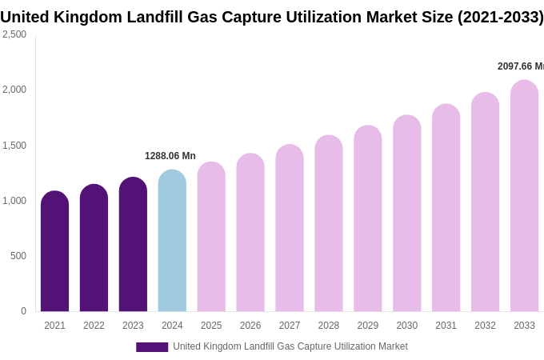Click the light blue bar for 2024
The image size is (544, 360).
[x=172, y=241]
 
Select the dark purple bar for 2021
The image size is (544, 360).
[x=54, y=251]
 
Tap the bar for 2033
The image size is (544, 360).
[x=524, y=196]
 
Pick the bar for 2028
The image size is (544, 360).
[x=328, y=223]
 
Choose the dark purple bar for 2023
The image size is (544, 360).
[x=133, y=244]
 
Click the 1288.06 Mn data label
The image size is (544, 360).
[x=170, y=156]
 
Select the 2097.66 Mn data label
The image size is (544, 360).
[x=520, y=66]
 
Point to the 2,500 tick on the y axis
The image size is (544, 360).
[x=14, y=34]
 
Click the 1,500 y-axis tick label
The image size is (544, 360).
[x=14, y=146]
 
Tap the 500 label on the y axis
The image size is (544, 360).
[x=18, y=256]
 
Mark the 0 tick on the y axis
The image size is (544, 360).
[x=23, y=311]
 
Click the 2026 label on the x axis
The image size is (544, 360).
[x=250, y=326]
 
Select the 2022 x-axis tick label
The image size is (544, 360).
[x=94, y=326]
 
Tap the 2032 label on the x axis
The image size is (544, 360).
[x=485, y=326]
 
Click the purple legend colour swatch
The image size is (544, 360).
[x=152, y=347]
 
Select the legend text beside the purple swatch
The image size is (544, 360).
[x=290, y=346]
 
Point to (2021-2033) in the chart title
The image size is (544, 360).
[x=500, y=17]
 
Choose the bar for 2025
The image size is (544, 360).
[x=211, y=237]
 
